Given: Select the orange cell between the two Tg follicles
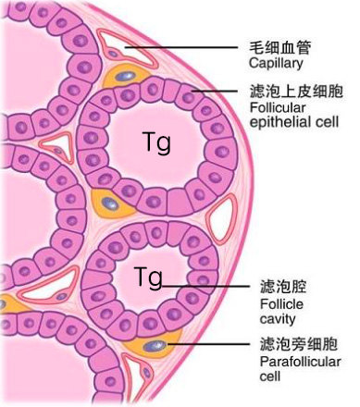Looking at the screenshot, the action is coord(108,203).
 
